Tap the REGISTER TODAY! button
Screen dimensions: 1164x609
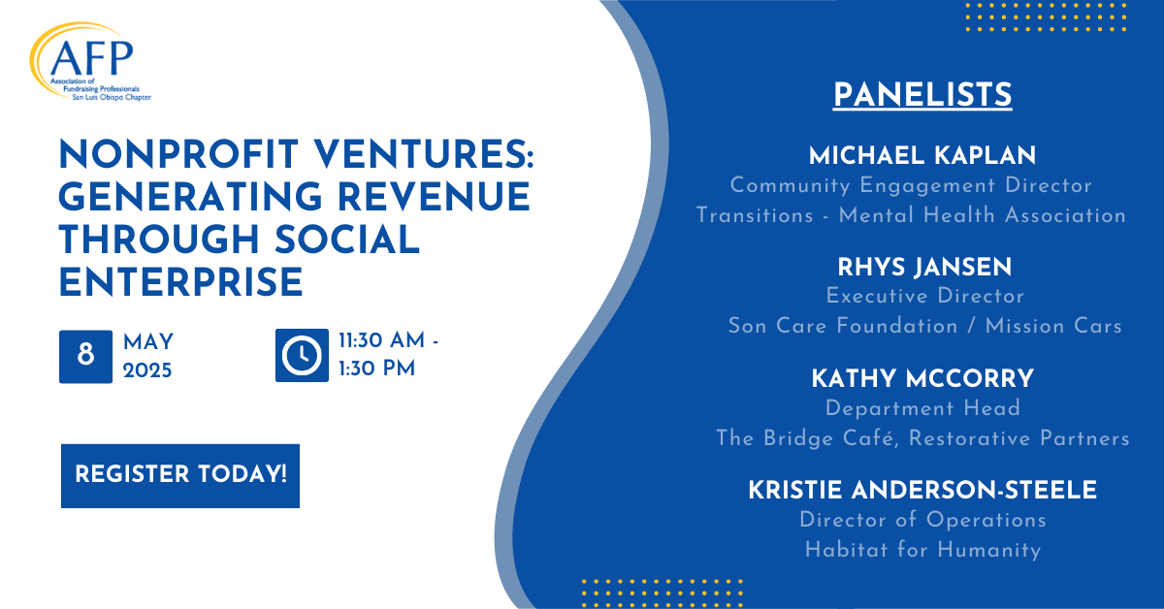(180, 475)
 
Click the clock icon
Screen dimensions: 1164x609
(302, 356)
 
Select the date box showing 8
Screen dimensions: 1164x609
(85, 357)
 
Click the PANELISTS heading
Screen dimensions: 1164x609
(922, 95)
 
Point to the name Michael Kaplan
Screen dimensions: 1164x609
(922, 156)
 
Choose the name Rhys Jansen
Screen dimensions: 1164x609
(924, 267)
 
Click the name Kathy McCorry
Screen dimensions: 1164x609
(922, 379)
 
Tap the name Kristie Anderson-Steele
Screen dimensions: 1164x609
(922, 490)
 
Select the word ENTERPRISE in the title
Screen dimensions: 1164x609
(180, 282)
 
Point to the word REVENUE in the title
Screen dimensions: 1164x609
(434, 198)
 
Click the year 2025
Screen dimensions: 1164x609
(147, 370)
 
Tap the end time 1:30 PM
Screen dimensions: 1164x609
(376, 369)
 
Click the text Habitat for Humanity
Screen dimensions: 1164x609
(922, 550)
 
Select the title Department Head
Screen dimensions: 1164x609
(922, 408)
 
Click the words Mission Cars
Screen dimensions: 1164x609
(1053, 327)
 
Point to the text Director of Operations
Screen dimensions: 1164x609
(922, 520)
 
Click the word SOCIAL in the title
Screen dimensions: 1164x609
(347, 240)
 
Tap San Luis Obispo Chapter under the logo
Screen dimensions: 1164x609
(112, 97)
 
